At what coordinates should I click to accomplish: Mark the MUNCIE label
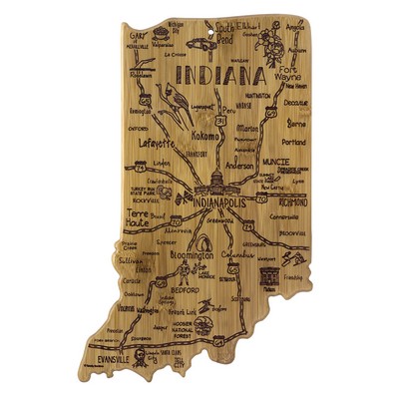(277, 158)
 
